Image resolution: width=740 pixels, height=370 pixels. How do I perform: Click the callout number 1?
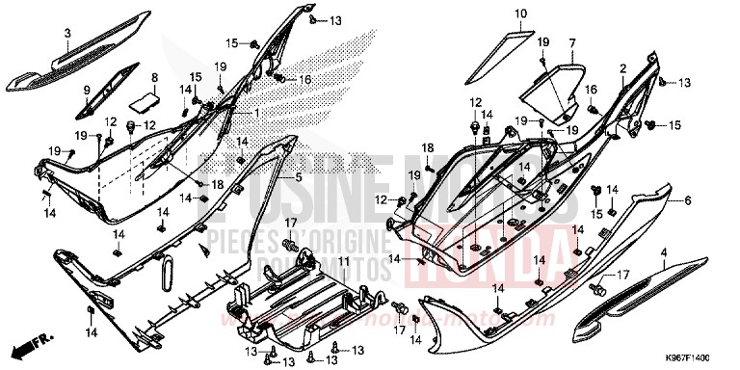257,113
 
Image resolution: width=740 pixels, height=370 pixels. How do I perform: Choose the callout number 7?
571,43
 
